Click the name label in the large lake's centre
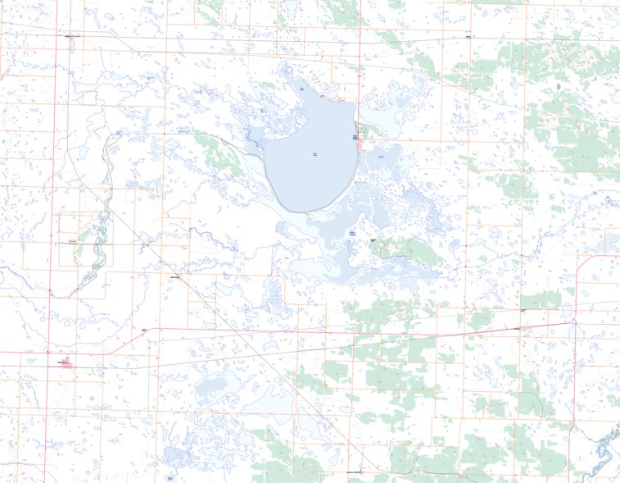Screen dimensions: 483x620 tap(315, 153)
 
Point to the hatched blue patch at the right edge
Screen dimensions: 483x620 tap(612, 242)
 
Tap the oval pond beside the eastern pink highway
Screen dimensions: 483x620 tap(567, 310)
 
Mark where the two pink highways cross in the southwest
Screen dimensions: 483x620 tap(49, 353)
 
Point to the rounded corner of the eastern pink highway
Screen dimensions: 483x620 tap(582, 262)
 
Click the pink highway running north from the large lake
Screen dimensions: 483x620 tap(360, 49)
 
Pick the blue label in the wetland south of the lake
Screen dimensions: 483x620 tap(353, 234)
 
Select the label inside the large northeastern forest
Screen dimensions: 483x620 tap(558, 86)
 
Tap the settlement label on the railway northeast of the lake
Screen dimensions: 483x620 tap(467, 37)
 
